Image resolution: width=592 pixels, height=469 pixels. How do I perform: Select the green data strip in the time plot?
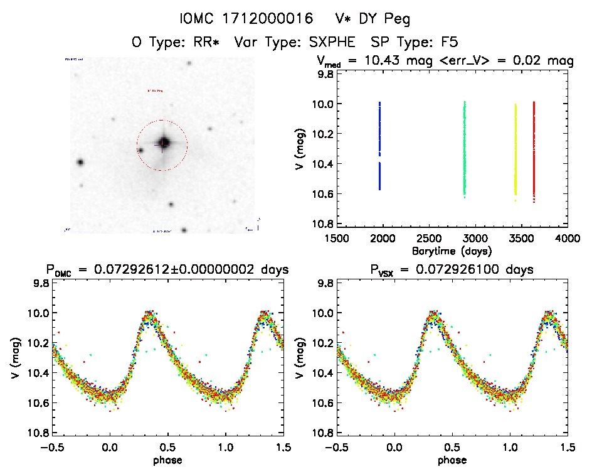pyautogui.click(x=465, y=148)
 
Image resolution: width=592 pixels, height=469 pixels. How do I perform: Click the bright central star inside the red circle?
pyautogui.click(x=163, y=143)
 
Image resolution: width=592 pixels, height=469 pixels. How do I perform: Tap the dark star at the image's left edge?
pyautogui.click(x=80, y=162)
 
